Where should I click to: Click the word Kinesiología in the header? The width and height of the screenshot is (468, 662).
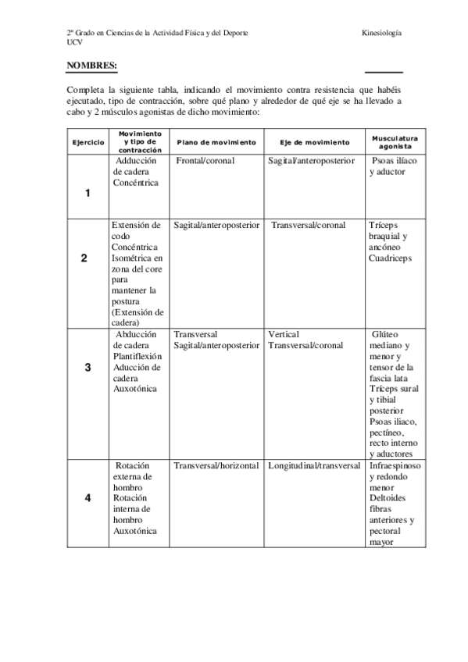pos(382,34)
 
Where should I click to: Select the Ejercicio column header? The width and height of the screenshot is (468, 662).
pos(88,143)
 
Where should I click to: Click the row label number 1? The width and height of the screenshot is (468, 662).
pos(88,193)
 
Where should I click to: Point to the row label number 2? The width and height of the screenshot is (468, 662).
pos(84,258)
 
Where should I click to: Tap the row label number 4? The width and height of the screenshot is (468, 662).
pos(88,497)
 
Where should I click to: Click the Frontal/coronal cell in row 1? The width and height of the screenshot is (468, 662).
pos(207,161)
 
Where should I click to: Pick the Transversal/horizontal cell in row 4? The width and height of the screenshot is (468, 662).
pos(216,466)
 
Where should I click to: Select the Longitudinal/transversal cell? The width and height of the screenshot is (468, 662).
pos(314,466)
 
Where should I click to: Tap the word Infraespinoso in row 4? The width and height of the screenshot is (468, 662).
pos(395,466)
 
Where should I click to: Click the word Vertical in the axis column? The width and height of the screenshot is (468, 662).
pos(283,334)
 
